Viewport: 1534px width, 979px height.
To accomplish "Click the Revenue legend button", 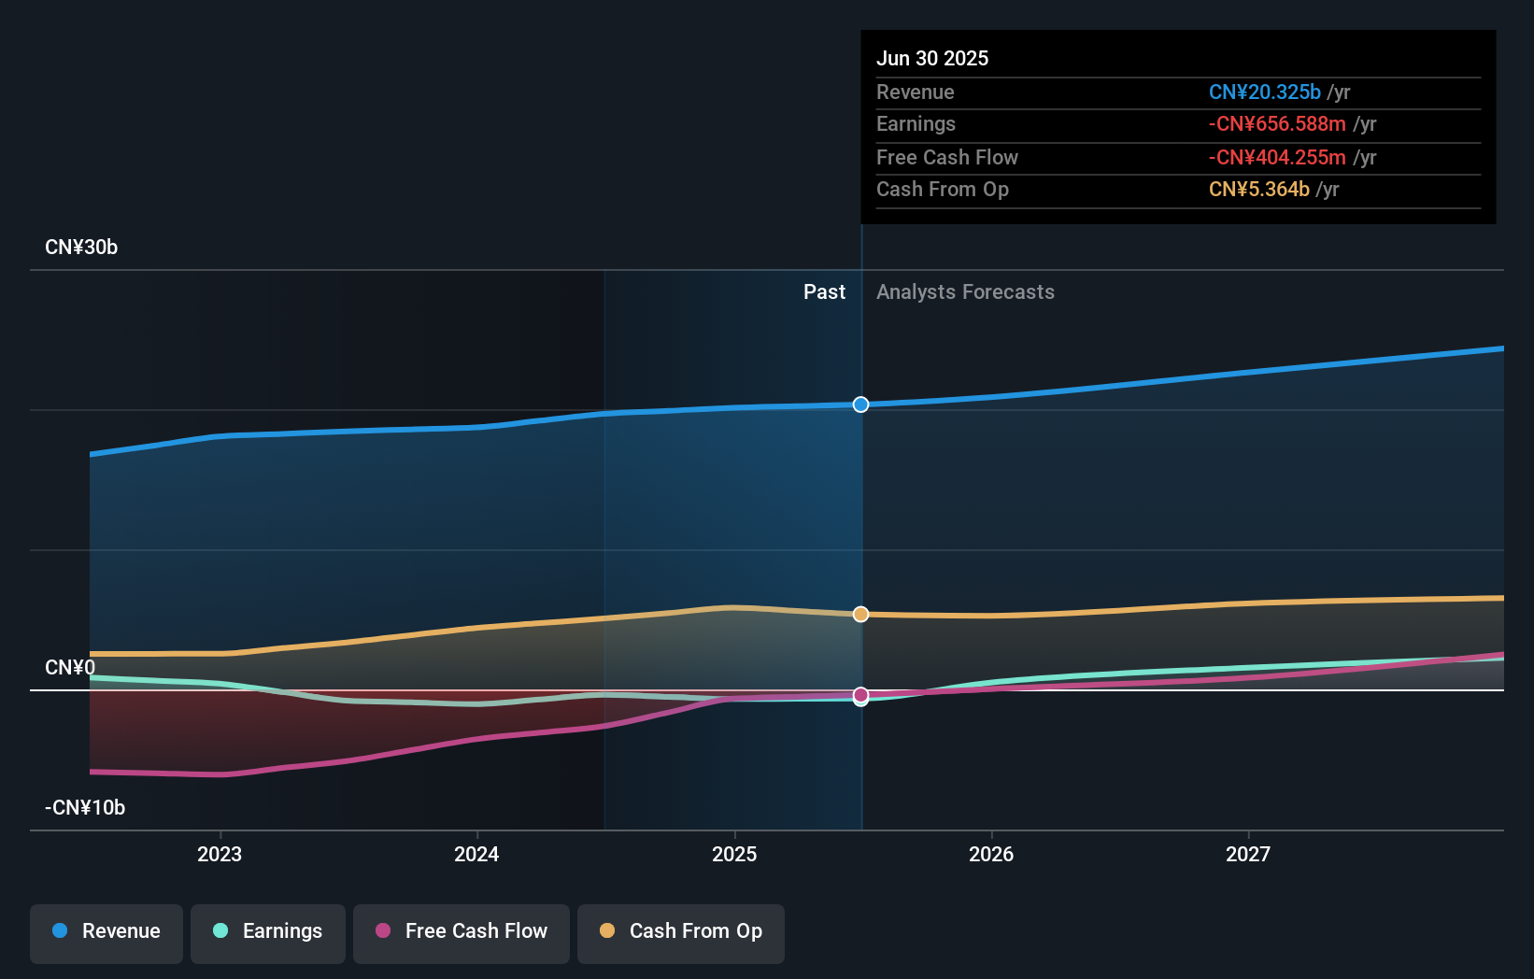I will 107,931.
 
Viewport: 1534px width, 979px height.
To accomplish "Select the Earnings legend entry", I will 268,931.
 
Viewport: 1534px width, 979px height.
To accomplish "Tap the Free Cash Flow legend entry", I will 462,931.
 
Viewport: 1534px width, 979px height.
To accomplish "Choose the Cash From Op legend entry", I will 681,931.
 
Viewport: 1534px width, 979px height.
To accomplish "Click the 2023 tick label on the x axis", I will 220,855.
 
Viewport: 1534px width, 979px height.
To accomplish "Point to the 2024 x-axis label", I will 476,855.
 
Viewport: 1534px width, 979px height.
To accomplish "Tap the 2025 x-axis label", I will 734,855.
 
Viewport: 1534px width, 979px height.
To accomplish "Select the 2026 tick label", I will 991,855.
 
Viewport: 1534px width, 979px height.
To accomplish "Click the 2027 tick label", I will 1248,855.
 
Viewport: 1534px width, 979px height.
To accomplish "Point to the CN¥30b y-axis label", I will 81,248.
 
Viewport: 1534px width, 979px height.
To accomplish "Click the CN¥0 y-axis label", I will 70,668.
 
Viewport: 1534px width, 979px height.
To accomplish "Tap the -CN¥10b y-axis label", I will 85,808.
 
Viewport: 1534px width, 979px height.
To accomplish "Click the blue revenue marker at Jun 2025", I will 860,404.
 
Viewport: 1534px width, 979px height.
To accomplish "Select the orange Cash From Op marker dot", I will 860,615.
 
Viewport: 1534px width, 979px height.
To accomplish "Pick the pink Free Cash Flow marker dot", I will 860,695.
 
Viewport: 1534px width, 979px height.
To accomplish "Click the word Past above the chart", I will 824,292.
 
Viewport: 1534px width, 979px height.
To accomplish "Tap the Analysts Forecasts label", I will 965,292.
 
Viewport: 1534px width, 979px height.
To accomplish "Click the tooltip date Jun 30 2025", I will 932,59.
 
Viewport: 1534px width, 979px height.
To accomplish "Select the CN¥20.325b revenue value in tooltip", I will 1264,92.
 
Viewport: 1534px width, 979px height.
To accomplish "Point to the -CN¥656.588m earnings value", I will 1277,124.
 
